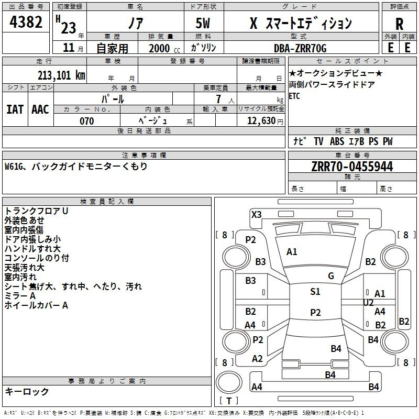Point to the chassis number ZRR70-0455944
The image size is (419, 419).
point(351,167)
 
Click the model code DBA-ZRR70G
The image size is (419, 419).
point(300,48)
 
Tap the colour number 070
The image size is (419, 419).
point(86,121)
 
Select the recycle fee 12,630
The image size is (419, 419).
point(260,121)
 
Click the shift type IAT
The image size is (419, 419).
point(15,109)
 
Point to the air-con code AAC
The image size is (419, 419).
point(40,109)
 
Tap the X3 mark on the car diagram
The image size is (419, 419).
point(257,214)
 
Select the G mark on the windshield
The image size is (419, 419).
point(331,276)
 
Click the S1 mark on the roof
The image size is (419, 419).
point(315,292)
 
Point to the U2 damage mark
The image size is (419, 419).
point(368,302)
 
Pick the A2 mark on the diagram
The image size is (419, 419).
point(257,359)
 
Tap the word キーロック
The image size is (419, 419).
point(27,392)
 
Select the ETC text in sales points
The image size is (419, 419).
point(294,96)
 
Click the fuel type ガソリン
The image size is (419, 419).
point(204,48)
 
